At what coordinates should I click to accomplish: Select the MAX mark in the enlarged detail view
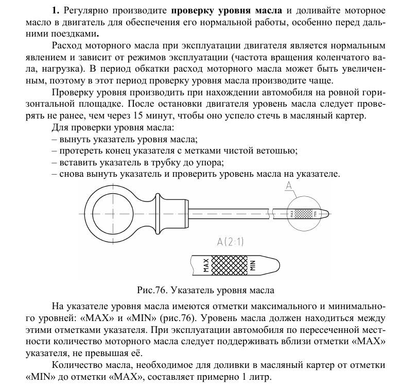pyautogui.click(x=205, y=264)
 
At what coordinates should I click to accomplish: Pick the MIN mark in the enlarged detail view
pyautogui.click(x=253, y=265)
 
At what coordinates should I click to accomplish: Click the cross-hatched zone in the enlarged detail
pyautogui.click(x=229, y=264)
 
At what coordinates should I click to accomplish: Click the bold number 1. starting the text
pyautogui.click(x=56, y=10)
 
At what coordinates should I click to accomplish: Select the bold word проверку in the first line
pyautogui.click(x=193, y=10)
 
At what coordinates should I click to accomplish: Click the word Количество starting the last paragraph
pyautogui.click(x=78, y=365)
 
